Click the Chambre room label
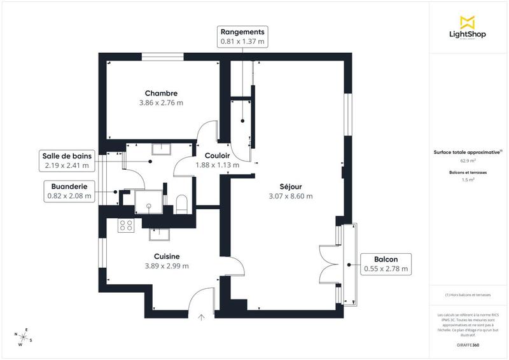160,93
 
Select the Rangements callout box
242,37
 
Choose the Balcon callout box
386,264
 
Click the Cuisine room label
167,256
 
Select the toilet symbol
181,203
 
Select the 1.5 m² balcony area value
468,180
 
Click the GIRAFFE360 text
468,343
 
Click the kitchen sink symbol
158,234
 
